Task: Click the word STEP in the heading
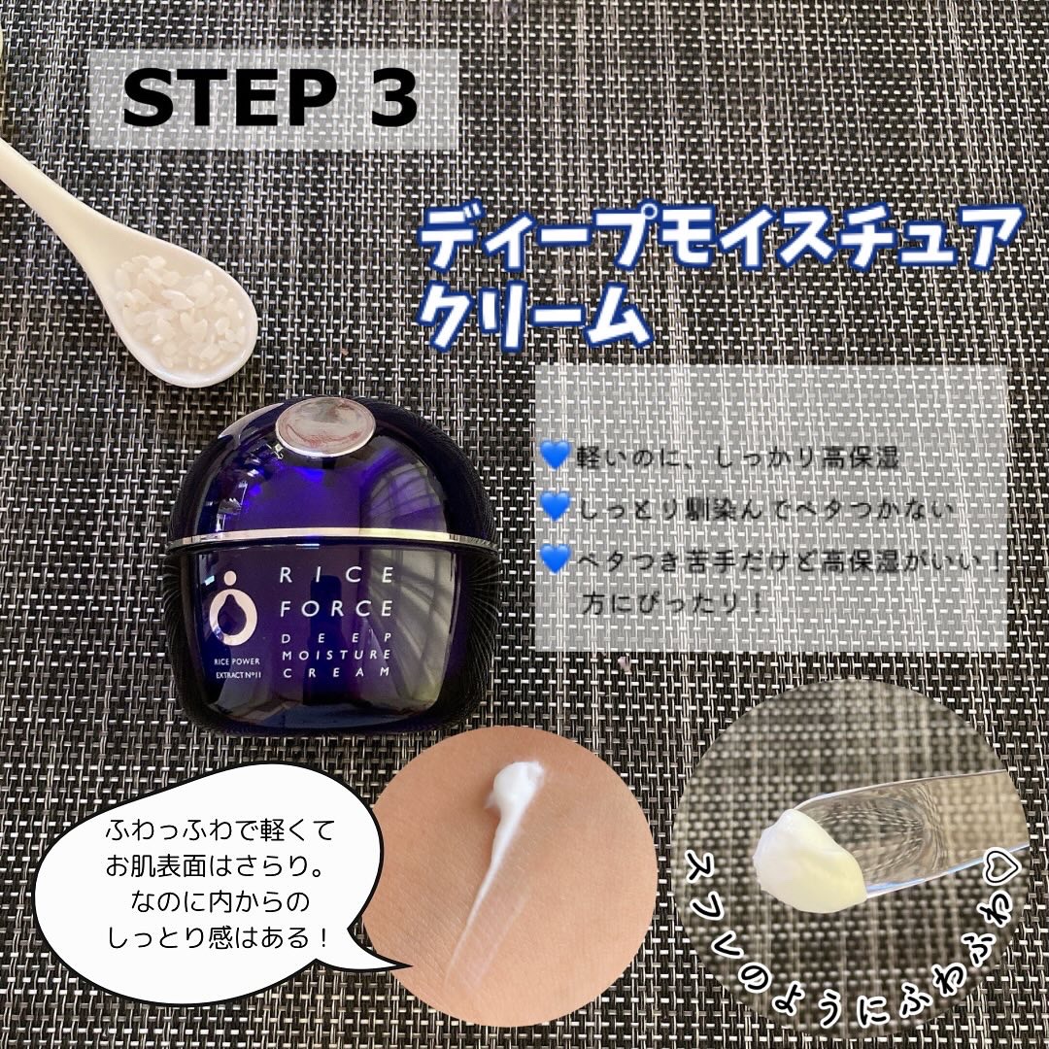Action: point(228,98)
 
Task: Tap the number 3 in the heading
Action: point(390,98)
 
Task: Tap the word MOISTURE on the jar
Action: point(336,655)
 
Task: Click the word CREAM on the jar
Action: point(336,672)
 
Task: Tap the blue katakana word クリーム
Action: point(536,316)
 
